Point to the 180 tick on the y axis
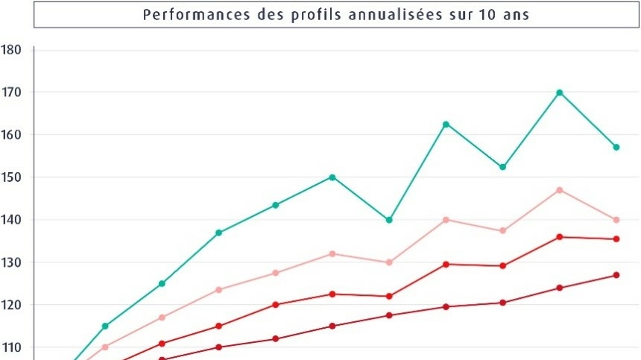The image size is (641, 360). [12, 50]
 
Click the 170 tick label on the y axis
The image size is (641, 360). [12, 92]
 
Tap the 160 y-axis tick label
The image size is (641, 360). [12, 135]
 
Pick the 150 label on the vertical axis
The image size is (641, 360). [12, 177]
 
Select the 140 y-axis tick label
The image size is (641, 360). [12, 220]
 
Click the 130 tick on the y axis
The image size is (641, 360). [12, 262]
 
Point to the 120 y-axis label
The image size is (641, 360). [12, 305]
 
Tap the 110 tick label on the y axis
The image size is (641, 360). [12, 347]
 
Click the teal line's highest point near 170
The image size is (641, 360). [559, 92]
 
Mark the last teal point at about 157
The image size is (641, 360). [616, 147]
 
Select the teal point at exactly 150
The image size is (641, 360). [332, 177]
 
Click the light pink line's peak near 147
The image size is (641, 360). [559, 190]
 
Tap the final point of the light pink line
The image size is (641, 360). [616, 220]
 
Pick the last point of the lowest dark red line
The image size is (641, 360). [616, 275]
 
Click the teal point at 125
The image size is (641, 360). [162, 283]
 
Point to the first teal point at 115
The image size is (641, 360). [105, 326]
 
